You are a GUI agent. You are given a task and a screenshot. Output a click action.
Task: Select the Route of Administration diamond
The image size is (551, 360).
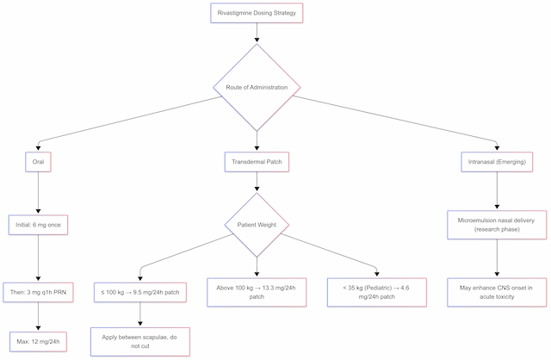[257, 87]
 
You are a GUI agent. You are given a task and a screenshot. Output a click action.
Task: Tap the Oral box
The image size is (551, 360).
[37, 160]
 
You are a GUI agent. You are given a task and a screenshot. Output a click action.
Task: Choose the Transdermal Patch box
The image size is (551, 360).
[257, 160]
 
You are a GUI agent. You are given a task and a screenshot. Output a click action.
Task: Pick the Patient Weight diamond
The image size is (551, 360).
[257, 225]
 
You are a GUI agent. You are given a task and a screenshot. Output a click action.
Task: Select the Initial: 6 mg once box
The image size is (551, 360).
[37, 225]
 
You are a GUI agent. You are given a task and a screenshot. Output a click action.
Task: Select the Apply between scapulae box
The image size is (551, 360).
[139, 341]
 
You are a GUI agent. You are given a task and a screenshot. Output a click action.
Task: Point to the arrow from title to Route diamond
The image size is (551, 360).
[257, 34]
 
